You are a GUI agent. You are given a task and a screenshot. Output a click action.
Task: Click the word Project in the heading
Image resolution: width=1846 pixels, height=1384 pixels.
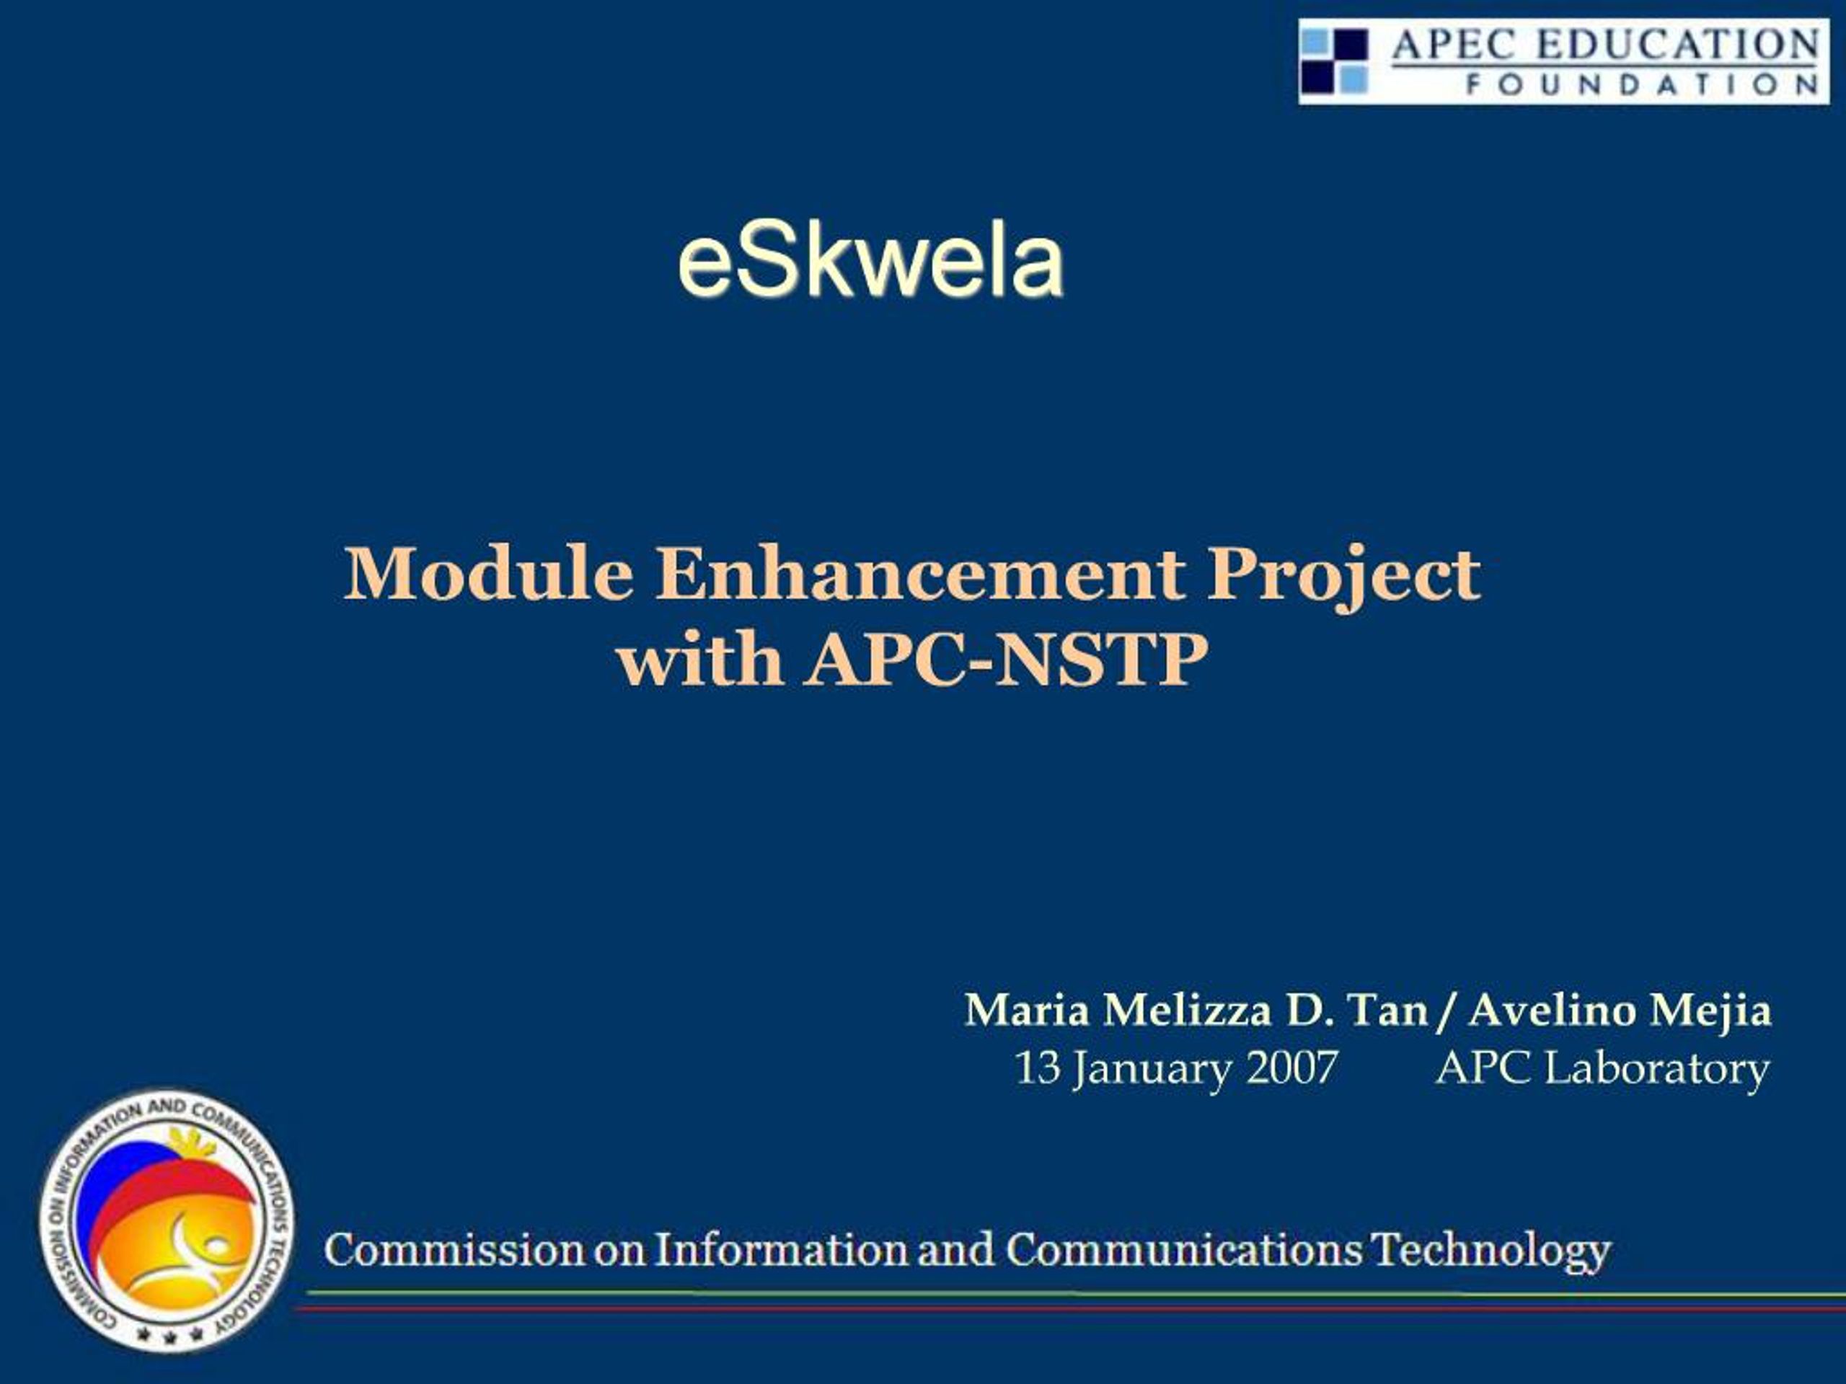click(1343, 580)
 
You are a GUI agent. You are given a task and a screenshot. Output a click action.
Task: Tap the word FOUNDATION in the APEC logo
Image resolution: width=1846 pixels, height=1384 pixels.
click(1641, 84)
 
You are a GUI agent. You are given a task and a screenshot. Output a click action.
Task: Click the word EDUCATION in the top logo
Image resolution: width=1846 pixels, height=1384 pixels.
click(1677, 44)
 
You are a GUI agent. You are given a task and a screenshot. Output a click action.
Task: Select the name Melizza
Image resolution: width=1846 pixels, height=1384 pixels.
click(1187, 1011)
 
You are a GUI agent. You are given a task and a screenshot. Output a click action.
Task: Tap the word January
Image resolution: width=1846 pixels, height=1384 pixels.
click(1152, 1071)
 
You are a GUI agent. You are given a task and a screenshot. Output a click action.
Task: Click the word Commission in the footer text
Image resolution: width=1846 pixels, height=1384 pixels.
click(453, 1250)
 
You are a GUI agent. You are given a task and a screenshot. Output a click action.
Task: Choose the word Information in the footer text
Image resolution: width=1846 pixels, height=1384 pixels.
click(780, 1250)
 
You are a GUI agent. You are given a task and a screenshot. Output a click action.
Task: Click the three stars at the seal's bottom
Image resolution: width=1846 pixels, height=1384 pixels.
click(170, 1335)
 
